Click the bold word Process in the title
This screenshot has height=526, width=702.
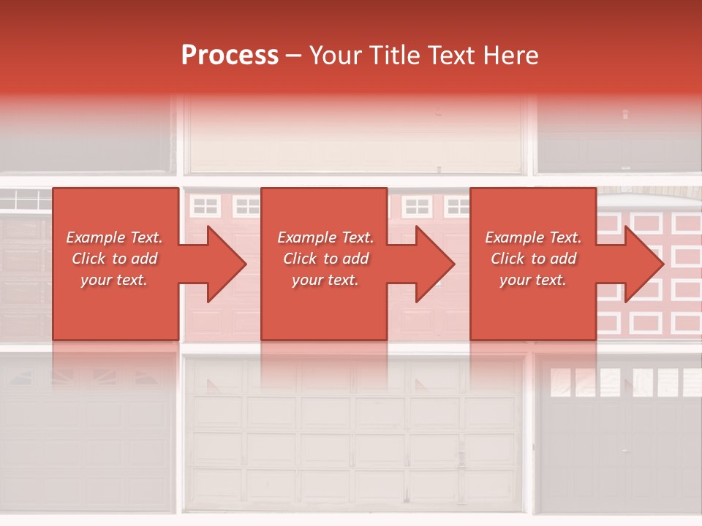[x=230, y=56]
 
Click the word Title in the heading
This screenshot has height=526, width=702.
[x=396, y=56]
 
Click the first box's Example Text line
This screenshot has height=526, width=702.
[x=115, y=237]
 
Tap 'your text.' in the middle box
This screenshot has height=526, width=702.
[x=325, y=280]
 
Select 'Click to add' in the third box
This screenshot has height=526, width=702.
[x=534, y=259]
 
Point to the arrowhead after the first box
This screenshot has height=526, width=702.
[x=224, y=264]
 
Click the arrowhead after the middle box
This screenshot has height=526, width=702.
[x=432, y=264]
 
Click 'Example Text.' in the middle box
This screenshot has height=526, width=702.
[x=325, y=237]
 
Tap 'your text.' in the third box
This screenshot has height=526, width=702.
[x=533, y=280]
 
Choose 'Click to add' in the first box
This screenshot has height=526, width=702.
[x=115, y=259]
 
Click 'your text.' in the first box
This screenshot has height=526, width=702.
[x=114, y=280]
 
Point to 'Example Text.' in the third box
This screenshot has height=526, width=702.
[x=533, y=237]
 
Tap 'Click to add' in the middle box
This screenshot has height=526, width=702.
[x=326, y=259]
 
